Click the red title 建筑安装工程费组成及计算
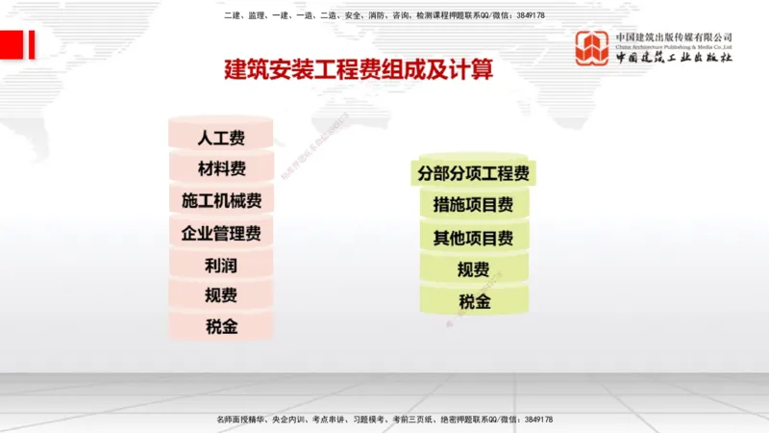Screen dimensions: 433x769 358,70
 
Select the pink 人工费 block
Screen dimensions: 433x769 221,138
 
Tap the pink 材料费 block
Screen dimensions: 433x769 221,169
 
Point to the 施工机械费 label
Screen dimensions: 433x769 221,201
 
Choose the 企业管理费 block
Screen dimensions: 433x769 221,233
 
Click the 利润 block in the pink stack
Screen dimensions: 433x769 221,264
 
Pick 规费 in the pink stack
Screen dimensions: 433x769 221,295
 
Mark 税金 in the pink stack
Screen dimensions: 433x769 221,326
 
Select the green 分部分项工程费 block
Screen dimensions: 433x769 473,174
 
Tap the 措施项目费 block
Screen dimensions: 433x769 473,205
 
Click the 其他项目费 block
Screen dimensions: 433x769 473,238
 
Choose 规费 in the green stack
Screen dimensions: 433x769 473,270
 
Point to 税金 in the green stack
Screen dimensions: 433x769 473,302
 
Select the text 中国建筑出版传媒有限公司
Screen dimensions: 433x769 674,37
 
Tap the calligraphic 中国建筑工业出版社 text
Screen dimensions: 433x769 674,58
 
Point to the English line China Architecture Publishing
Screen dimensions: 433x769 674,45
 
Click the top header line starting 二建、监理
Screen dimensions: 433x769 384,15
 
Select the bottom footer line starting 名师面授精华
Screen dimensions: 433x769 384,420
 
